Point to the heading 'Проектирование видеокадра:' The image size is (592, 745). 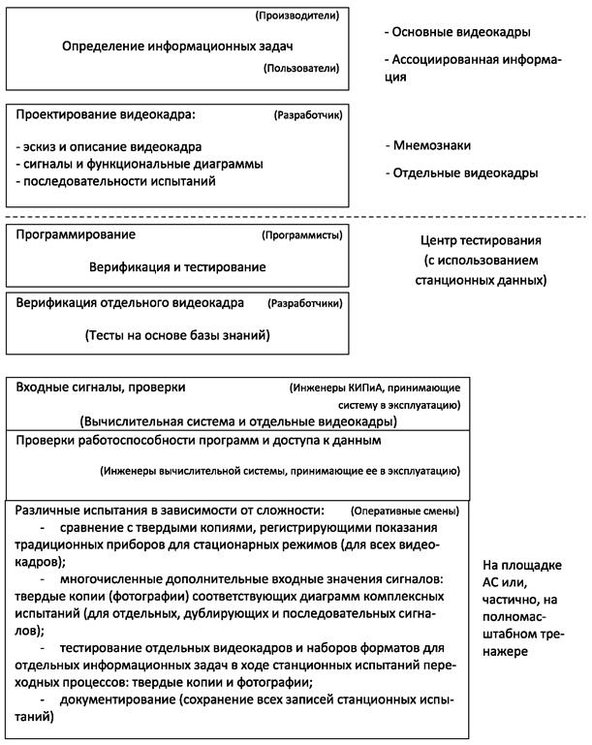pyautogui.click(x=106, y=114)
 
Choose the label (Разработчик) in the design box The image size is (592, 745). pyautogui.click(x=308, y=115)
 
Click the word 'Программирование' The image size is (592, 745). pyautogui.click(x=76, y=234)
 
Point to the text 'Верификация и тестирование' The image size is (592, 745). pyautogui.click(x=177, y=265)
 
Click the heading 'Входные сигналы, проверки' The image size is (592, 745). pyautogui.click(x=101, y=388)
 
